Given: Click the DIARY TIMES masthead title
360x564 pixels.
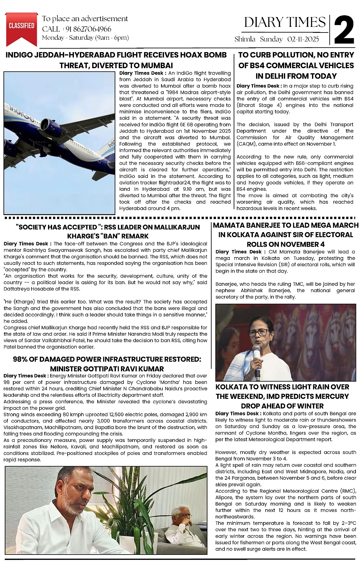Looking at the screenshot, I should (285, 22).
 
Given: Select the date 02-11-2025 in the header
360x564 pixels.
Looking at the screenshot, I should (303, 39).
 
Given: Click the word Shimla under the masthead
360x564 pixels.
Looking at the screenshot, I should (245, 39).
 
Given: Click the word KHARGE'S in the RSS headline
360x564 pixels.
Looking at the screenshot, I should (82, 236).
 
